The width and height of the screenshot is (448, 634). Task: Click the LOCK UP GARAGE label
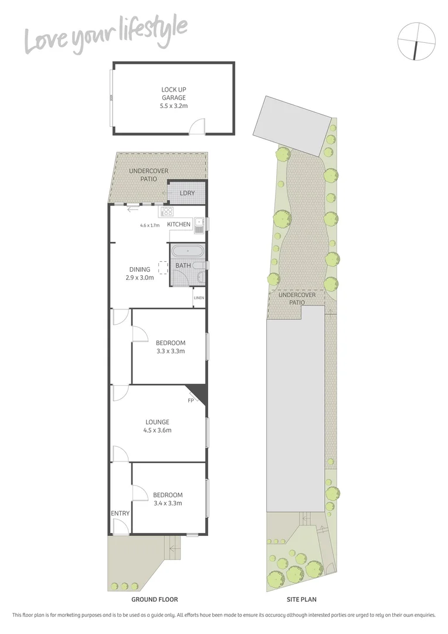click(174, 93)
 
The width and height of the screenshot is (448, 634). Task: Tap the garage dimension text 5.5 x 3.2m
click(174, 106)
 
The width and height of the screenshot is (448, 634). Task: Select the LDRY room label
click(187, 193)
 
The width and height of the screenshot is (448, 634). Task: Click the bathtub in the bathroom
click(188, 252)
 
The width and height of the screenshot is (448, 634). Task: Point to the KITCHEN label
click(179, 225)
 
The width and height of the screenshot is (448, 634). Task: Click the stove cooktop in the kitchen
click(167, 212)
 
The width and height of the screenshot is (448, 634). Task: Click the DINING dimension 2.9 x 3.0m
click(139, 278)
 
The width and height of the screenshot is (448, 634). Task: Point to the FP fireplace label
click(191, 401)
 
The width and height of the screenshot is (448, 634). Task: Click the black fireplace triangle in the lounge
click(198, 392)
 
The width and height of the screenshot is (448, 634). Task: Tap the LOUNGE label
click(158, 421)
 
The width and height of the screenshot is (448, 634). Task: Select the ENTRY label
click(120, 514)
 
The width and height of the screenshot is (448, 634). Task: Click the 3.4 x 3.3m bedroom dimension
click(168, 503)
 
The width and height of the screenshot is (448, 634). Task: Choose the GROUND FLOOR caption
click(155, 599)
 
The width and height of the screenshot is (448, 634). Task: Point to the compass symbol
click(416, 41)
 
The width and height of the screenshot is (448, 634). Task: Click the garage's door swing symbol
click(198, 126)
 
